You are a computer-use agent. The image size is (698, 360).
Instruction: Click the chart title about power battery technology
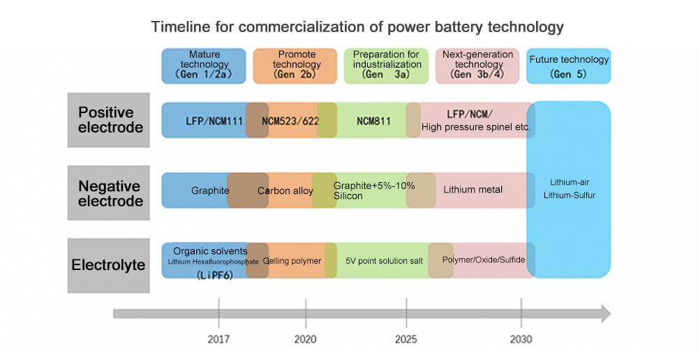pos(357,27)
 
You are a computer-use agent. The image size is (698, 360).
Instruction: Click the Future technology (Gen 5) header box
pos(569,66)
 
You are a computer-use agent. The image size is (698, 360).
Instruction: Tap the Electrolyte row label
pos(108,265)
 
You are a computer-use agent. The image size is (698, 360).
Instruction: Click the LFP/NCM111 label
pos(214,121)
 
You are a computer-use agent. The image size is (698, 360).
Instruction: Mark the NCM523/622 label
pos(290,121)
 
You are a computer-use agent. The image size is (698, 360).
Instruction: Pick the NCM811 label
pos(373,121)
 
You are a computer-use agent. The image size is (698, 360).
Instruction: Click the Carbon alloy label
pos(285,190)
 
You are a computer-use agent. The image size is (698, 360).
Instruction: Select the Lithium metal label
pos(473,190)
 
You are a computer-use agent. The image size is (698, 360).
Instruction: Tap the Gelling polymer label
pos(292,261)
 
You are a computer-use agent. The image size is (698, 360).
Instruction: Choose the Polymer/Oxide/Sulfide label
pos(484,260)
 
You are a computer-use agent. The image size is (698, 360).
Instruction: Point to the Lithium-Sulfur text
pos(569,195)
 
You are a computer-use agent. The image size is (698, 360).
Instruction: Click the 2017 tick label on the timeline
pos(218,340)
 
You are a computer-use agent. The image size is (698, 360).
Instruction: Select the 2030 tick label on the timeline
pos(521,340)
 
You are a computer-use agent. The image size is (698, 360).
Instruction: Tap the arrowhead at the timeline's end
pos(604,314)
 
